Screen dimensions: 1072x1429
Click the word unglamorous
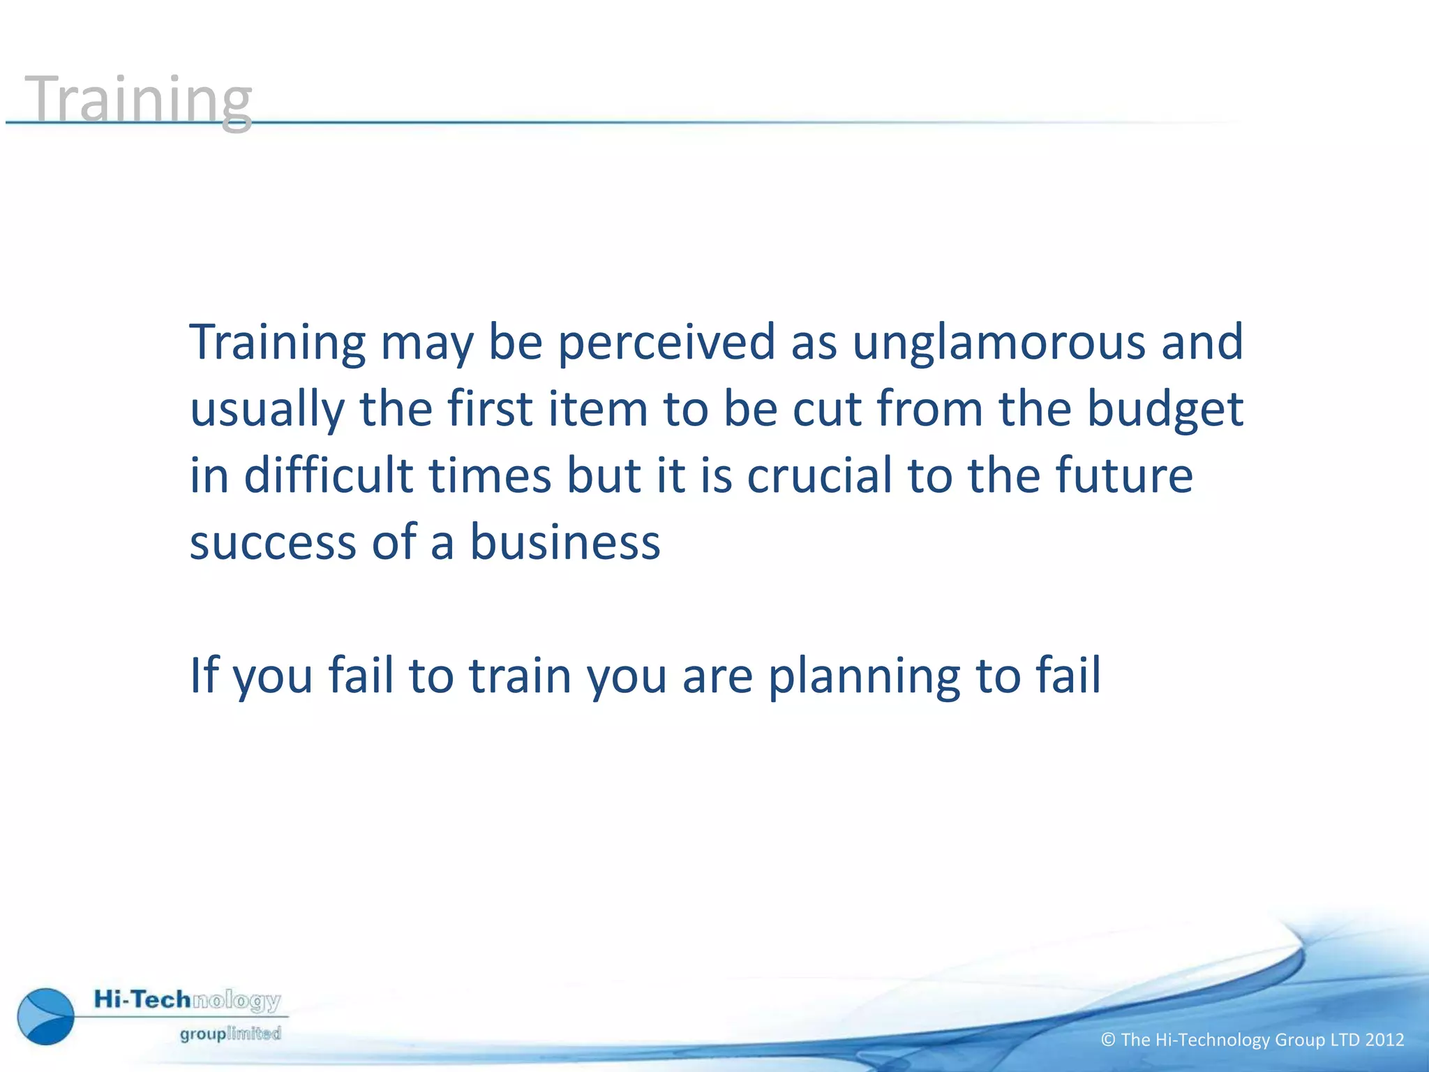[998, 342]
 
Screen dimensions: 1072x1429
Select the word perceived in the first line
[666, 342]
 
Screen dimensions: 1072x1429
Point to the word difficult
[328, 475]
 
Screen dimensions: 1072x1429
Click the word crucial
[819, 475]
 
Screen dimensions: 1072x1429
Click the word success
[273, 542]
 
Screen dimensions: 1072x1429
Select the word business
[564, 542]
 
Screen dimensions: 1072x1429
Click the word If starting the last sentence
[203, 676]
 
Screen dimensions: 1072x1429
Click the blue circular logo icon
[46, 1016]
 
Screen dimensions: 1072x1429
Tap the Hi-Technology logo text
[187, 1000]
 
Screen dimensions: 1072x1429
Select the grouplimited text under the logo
[230, 1034]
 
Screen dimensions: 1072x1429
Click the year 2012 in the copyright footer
[1384, 1040]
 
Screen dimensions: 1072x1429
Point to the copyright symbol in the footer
[1108, 1040]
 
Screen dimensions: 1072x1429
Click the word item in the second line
[598, 409]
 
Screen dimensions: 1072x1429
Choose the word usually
[267, 409]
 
